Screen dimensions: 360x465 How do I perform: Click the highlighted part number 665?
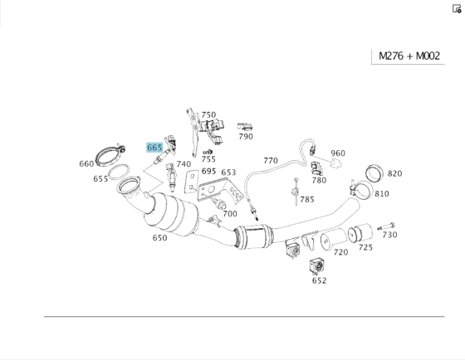(154, 148)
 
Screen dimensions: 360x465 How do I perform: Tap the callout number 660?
(86, 163)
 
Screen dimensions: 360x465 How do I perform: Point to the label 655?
(100, 178)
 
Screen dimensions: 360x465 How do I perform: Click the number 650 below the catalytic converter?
(159, 237)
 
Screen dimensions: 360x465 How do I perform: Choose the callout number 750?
(208, 115)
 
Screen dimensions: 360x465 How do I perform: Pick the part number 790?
(246, 136)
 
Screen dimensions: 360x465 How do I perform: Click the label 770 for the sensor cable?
(271, 160)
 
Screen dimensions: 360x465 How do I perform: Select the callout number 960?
(338, 153)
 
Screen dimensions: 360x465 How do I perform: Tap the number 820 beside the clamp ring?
(394, 173)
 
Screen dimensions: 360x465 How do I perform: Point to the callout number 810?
(381, 194)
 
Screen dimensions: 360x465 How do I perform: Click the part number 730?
(389, 235)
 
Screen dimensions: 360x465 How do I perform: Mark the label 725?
(365, 247)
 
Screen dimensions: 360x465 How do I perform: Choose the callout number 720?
(340, 252)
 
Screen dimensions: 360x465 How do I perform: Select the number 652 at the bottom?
(320, 280)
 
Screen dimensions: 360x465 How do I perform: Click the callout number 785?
(307, 199)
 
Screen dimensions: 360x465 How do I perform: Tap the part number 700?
(230, 213)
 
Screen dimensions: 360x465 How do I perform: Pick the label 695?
(208, 171)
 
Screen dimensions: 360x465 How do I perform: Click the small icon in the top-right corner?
(456, 9)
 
